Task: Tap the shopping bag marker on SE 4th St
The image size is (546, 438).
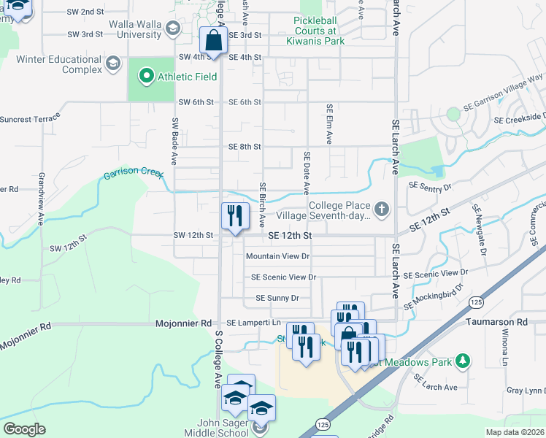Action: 213,41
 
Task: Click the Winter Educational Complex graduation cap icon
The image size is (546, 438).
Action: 112,65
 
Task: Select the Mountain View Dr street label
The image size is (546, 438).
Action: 278,256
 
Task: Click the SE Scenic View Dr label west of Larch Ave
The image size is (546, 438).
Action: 283,277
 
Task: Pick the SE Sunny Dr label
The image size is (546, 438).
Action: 277,298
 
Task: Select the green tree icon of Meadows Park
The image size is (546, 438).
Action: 461,361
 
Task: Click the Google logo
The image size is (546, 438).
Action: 24,429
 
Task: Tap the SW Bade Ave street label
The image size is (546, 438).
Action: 175,139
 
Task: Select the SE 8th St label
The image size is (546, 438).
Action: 245,147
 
